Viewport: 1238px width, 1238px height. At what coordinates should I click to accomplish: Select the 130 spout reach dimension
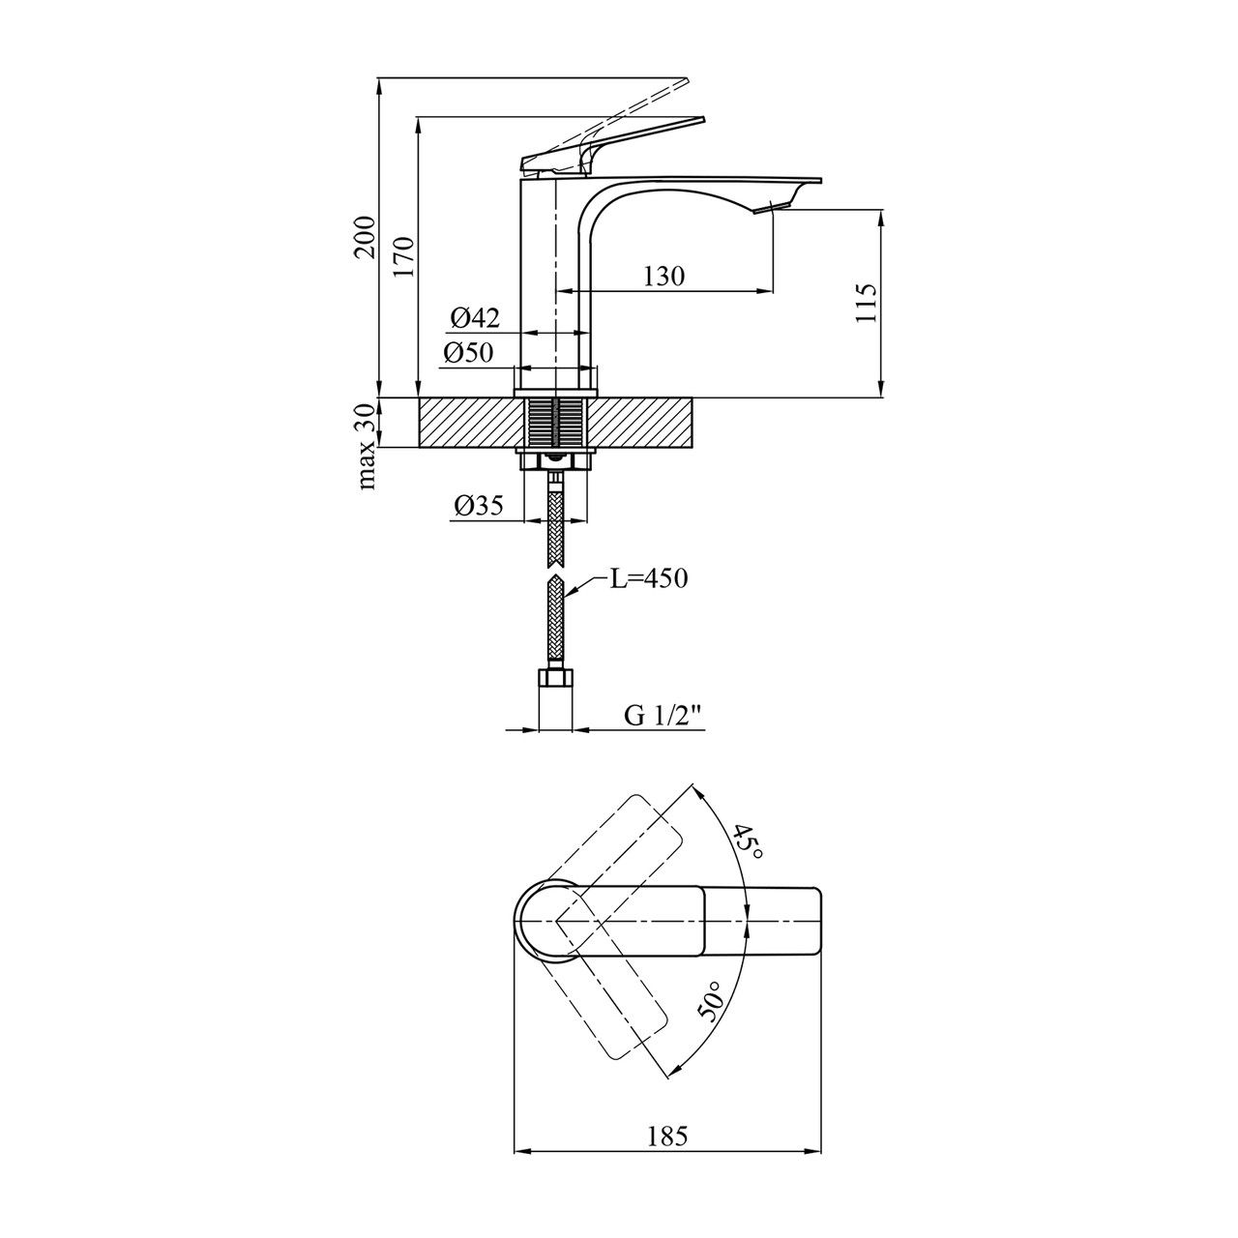pos(663,277)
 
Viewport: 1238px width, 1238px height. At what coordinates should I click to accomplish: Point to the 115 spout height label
pos(866,303)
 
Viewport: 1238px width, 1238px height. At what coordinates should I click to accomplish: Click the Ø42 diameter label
pos(475,316)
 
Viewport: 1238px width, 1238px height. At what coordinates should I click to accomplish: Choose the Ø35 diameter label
pos(477,506)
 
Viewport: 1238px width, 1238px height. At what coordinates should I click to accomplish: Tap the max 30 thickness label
pos(367,447)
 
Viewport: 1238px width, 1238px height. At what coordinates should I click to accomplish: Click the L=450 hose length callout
pos(648,578)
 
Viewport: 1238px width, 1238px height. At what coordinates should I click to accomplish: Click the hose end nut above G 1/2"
pos(556,680)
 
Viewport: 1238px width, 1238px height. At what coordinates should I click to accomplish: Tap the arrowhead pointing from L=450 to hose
pos(572,593)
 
